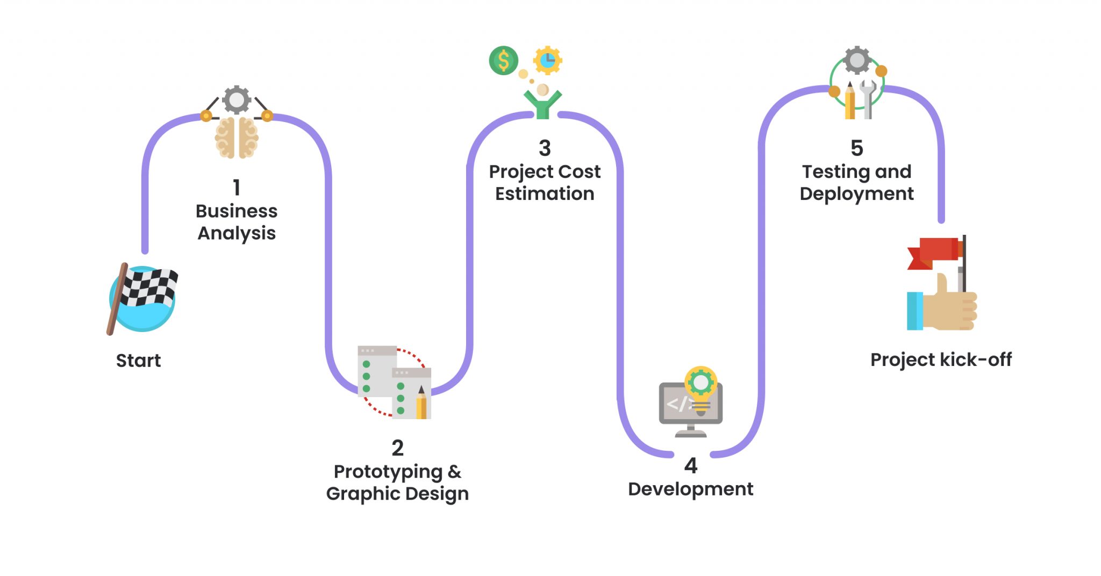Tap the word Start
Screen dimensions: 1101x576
click(138, 361)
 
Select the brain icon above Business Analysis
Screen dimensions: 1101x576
click(237, 138)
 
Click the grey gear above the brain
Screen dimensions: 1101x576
click(237, 99)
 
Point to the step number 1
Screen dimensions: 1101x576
click(237, 187)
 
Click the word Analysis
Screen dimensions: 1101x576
click(237, 234)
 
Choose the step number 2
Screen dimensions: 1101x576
click(397, 448)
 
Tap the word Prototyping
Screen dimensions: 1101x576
click(388, 472)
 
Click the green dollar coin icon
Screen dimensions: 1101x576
click(504, 60)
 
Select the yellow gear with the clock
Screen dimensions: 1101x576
click(547, 60)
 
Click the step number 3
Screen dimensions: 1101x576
click(545, 148)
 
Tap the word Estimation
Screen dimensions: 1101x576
click(545, 193)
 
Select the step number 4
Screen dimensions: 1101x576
click(691, 465)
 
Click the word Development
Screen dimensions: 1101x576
click(691, 489)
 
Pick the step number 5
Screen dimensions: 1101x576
click(857, 148)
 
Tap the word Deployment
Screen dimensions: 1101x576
click(857, 194)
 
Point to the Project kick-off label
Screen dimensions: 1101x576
click(941, 359)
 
